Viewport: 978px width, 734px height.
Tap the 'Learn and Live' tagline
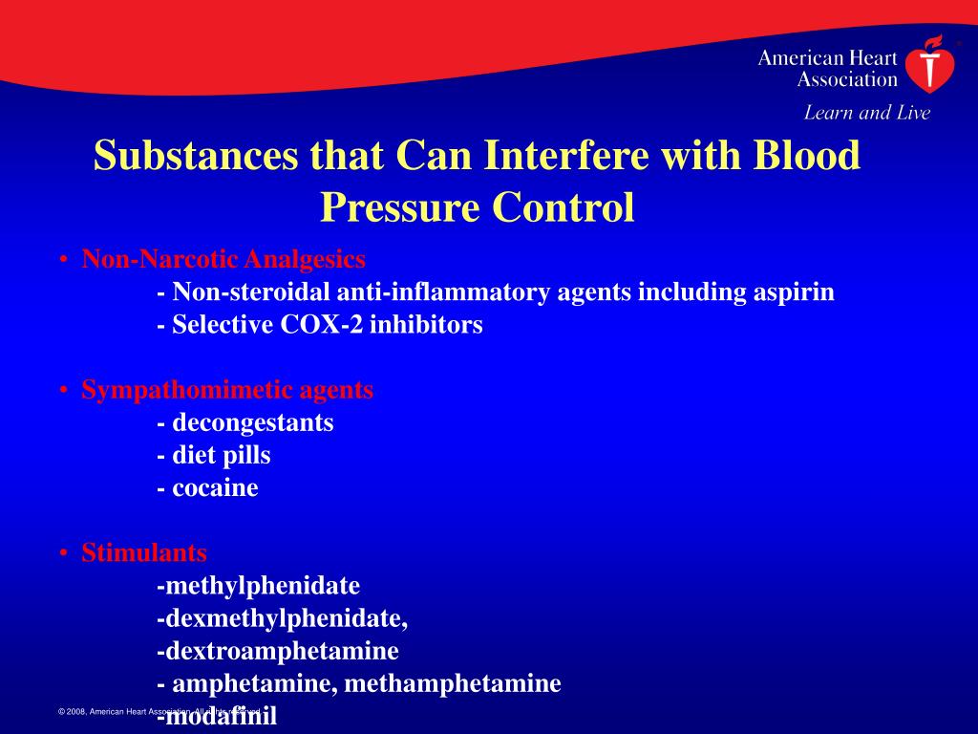click(x=866, y=113)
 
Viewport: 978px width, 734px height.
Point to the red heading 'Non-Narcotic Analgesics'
click(x=223, y=259)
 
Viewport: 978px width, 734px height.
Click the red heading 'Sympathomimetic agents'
click(x=227, y=390)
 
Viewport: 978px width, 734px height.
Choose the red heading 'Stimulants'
click(x=144, y=552)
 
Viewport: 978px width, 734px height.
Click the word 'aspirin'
click(x=794, y=292)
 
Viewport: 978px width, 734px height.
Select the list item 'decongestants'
click(x=252, y=422)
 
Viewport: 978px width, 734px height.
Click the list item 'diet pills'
click(x=221, y=455)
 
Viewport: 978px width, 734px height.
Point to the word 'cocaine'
click(x=215, y=487)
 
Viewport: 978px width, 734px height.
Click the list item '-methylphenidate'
click(x=258, y=585)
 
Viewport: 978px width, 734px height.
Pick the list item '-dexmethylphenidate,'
click(x=282, y=618)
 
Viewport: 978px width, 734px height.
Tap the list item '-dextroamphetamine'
click(x=277, y=651)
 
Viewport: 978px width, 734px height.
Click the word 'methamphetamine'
click(x=453, y=683)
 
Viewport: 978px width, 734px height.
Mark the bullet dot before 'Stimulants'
click(x=62, y=553)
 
